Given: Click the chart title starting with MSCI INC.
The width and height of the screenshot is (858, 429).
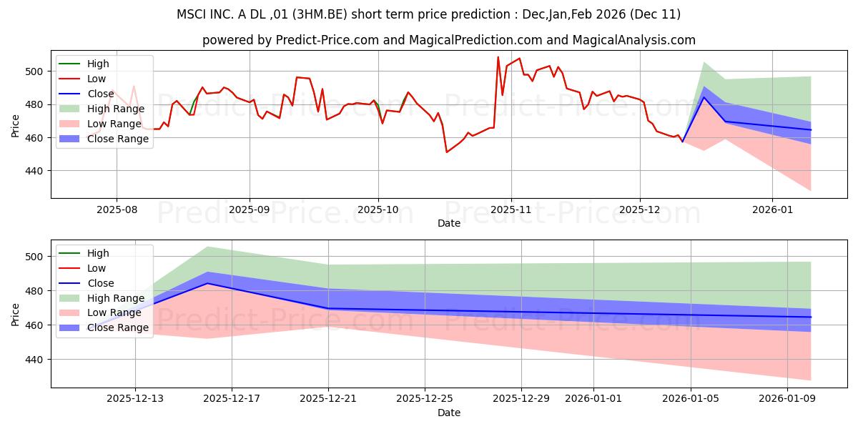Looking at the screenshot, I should coord(429,14).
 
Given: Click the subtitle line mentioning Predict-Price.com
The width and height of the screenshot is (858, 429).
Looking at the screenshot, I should coord(448,41).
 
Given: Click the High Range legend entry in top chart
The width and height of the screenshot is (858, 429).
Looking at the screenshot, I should coord(115,109).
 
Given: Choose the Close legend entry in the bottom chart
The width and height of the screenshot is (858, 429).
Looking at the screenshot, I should coord(100,283).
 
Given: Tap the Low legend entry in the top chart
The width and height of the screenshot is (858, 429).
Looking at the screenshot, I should coord(97,79).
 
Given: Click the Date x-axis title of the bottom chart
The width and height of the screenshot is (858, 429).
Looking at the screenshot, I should coord(448,413).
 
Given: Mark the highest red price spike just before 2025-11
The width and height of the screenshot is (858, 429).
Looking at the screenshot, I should coord(498,57).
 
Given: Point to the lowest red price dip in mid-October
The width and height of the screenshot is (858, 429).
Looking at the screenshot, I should coord(447,152).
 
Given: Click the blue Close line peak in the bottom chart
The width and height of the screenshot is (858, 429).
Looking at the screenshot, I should coord(207,283).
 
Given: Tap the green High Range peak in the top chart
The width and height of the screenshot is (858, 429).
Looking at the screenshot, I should coord(704,62).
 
